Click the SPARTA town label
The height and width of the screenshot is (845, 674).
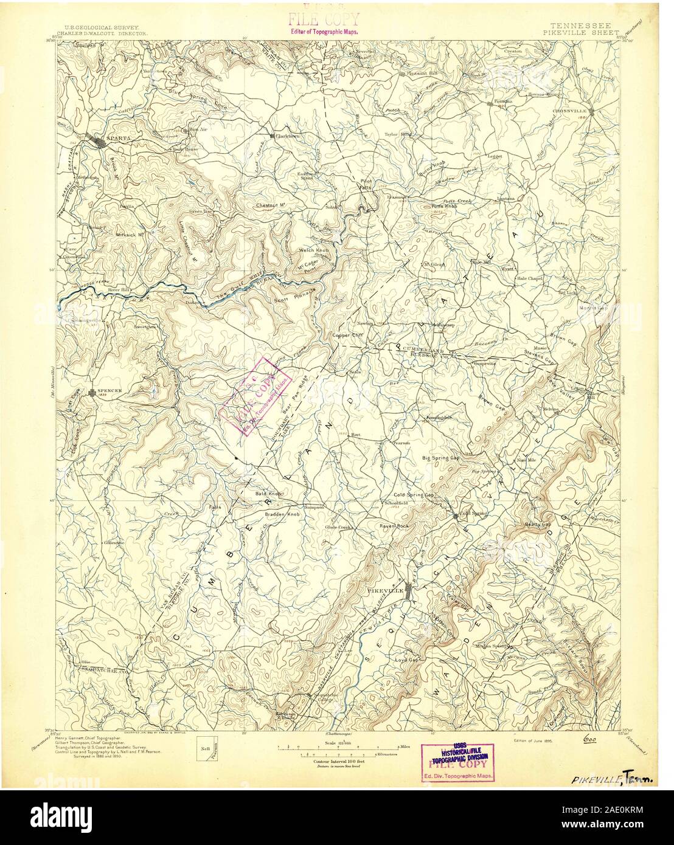pyautogui.click(x=119, y=137)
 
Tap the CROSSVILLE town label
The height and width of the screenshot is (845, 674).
pyautogui.click(x=569, y=111)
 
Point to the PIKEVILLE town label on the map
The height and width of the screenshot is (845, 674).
pyautogui.click(x=384, y=590)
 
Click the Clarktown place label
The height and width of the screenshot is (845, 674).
pyautogui.click(x=288, y=136)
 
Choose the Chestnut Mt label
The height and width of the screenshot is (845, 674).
pyautogui.click(x=271, y=205)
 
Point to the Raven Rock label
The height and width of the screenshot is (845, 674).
pyautogui.click(x=395, y=525)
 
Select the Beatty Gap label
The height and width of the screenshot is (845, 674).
pyautogui.click(x=538, y=523)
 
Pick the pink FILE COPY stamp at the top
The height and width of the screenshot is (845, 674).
pyautogui.click(x=323, y=19)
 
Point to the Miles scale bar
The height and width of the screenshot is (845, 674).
pyautogui.click(x=339, y=746)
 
